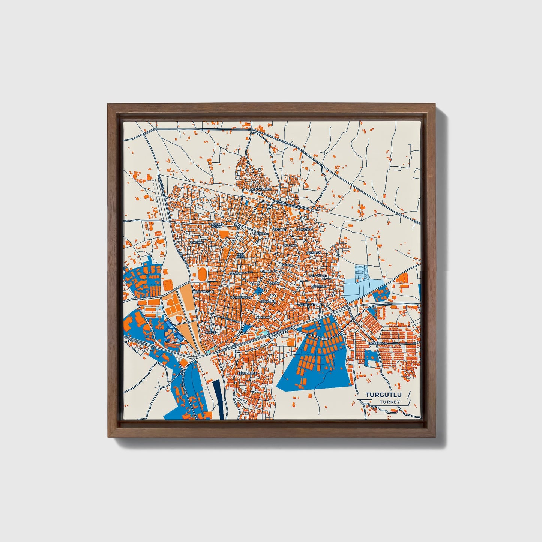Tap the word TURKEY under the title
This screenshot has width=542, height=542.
390,402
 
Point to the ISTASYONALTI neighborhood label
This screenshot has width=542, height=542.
263,189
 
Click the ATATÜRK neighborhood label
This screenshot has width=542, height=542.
197,243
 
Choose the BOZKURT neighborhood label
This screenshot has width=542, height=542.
314,253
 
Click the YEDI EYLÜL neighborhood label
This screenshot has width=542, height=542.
240,255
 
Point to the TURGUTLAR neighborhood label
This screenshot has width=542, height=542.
318,276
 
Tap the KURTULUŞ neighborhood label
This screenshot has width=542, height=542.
319,286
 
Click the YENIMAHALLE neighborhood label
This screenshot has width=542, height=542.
203,291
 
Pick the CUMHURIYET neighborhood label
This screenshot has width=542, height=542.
241,297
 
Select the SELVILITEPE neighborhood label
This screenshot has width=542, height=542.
247,374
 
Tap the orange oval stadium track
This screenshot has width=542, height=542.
202,274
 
